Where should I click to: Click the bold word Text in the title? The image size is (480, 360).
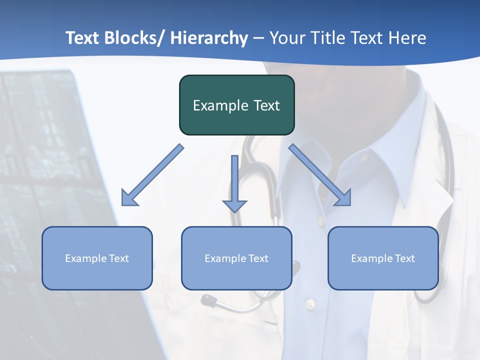tap(83, 38)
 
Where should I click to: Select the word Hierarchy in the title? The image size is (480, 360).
tap(209, 38)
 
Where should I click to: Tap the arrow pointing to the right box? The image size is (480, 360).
tap(321, 176)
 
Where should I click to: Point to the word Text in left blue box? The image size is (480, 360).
tap(118, 258)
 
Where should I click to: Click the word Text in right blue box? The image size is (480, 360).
tap(404, 258)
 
